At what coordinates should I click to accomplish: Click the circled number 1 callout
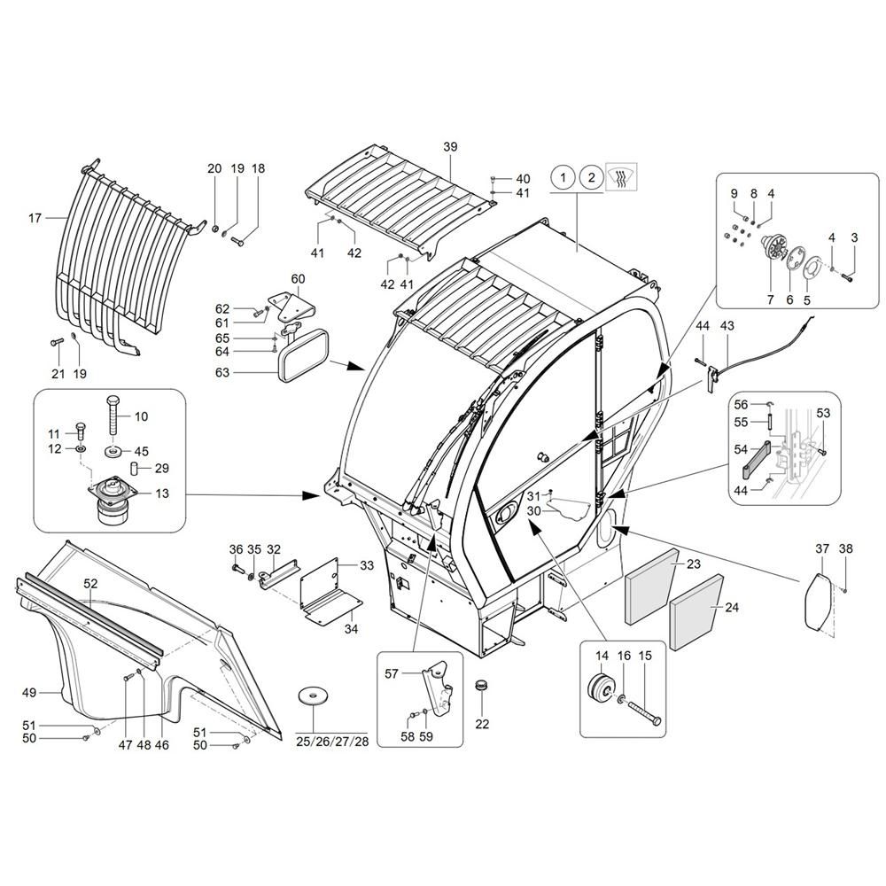tap(562, 178)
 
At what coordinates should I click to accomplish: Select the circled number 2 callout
tap(590, 178)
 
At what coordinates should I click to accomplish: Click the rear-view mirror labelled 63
tap(304, 356)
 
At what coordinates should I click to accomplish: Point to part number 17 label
tap(35, 217)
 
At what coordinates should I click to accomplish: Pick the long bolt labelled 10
tap(115, 418)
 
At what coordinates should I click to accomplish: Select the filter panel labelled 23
tap(650, 588)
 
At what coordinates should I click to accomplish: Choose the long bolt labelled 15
tap(645, 706)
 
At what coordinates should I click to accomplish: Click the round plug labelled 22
tap(482, 687)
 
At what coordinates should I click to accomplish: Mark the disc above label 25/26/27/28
tap(312, 695)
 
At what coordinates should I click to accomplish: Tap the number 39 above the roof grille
tap(449, 146)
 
